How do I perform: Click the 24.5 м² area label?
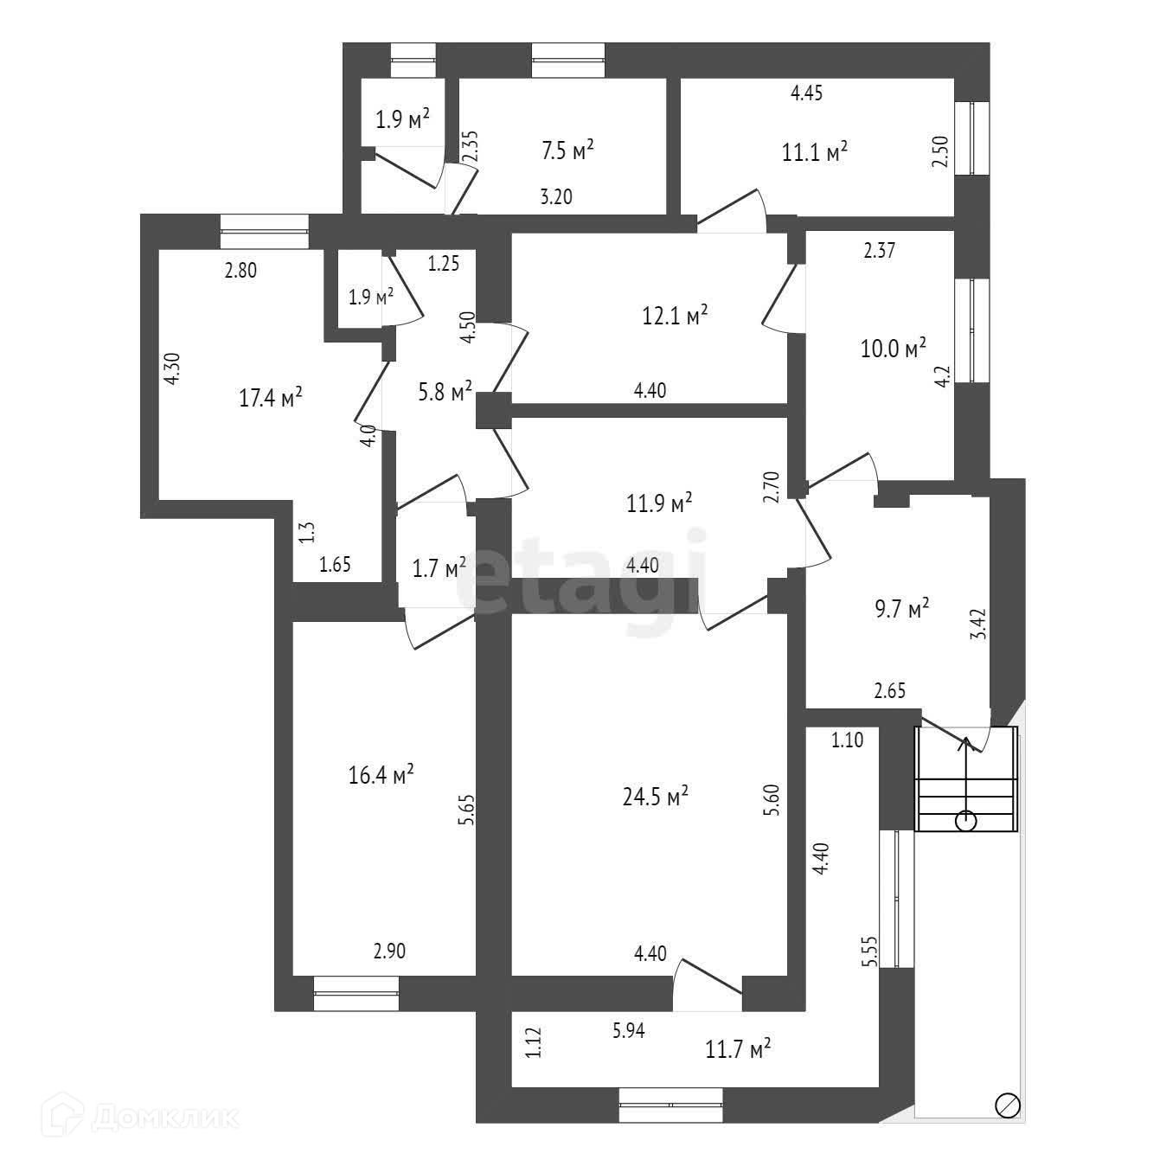pyautogui.click(x=655, y=796)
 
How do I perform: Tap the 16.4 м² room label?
pyautogui.click(x=381, y=774)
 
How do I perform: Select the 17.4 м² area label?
pyautogui.click(x=270, y=398)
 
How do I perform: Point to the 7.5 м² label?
pyautogui.click(x=567, y=151)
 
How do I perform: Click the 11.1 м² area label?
pyautogui.click(x=814, y=153)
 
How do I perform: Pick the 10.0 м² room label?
pyautogui.click(x=893, y=349)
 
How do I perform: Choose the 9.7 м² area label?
pyautogui.click(x=901, y=609)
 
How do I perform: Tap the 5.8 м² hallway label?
pyautogui.click(x=445, y=392)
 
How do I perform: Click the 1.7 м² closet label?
pyautogui.click(x=439, y=569)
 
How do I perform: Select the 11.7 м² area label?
pyautogui.click(x=738, y=1050)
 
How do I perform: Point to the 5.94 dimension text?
pyautogui.click(x=629, y=1030)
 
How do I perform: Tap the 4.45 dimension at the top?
pyautogui.click(x=807, y=93)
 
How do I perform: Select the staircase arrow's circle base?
pyautogui.click(x=966, y=821)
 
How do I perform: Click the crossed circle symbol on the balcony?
pyautogui.click(x=1009, y=1105)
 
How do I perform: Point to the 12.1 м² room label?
pyautogui.click(x=675, y=316)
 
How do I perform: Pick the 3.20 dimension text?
pyautogui.click(x=556, y=197)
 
